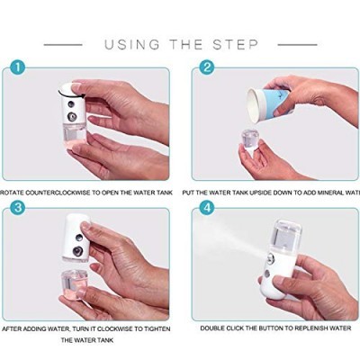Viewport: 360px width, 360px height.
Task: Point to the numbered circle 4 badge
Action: (x=206, y=209)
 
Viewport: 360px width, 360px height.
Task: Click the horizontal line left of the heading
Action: (x=63, y=44)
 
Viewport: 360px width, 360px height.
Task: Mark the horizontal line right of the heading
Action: (x=297, y=44)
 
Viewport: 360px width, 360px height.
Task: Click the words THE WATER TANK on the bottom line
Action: (x=89, y=342)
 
